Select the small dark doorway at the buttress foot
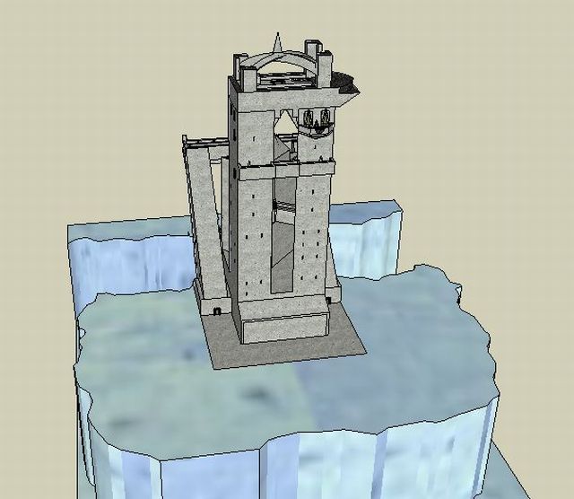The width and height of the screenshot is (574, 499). click(217, 311)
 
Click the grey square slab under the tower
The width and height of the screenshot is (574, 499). click(287, 346)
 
